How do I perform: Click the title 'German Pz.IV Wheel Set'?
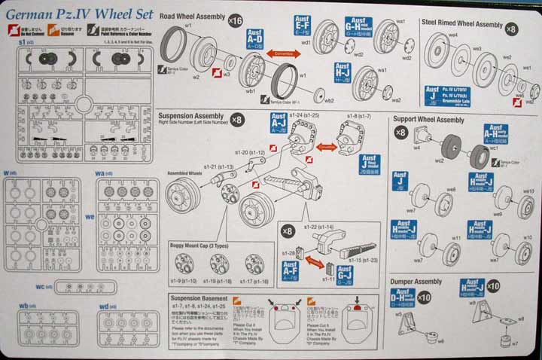coord(78,14)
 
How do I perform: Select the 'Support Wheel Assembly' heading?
coord(429,120)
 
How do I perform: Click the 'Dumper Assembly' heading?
coord(416,282)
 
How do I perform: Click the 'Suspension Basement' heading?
coord(200,298)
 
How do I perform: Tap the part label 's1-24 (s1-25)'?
coord(300,114)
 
